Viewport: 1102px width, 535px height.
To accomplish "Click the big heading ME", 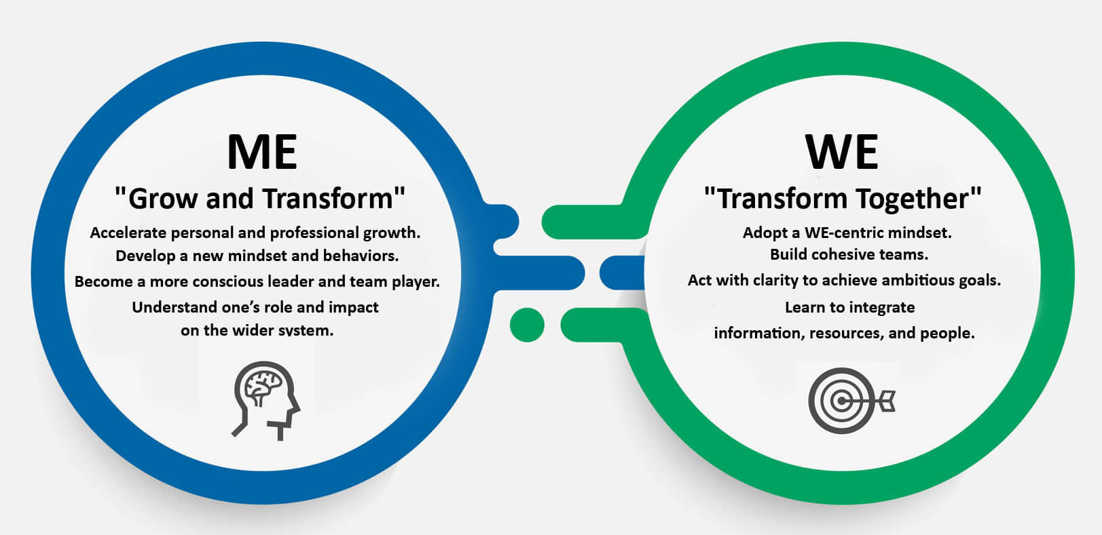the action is (262, 152).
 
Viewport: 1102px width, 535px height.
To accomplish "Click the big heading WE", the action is (841, 152).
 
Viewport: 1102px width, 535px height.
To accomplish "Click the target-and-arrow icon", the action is (851, 400).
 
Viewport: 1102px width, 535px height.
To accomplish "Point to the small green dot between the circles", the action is (527, 325).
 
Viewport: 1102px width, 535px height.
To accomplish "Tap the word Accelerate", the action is (128, 233).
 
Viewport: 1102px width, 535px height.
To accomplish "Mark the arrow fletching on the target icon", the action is (886, 400).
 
